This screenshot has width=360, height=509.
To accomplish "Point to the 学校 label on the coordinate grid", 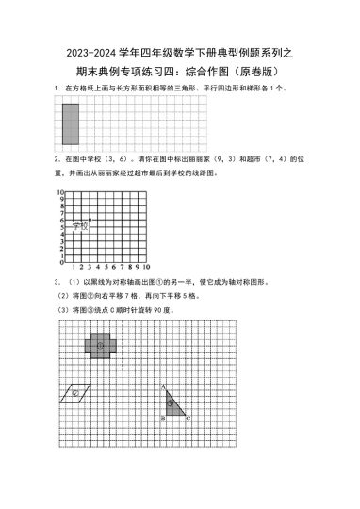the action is pos(79,226).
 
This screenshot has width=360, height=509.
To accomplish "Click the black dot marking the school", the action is pos(90,220).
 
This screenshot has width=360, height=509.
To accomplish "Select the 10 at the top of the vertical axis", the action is pos(59,192).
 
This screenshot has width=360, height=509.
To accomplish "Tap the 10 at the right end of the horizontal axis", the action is pos(143,268).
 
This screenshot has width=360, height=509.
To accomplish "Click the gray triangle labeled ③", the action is pos(172,402).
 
